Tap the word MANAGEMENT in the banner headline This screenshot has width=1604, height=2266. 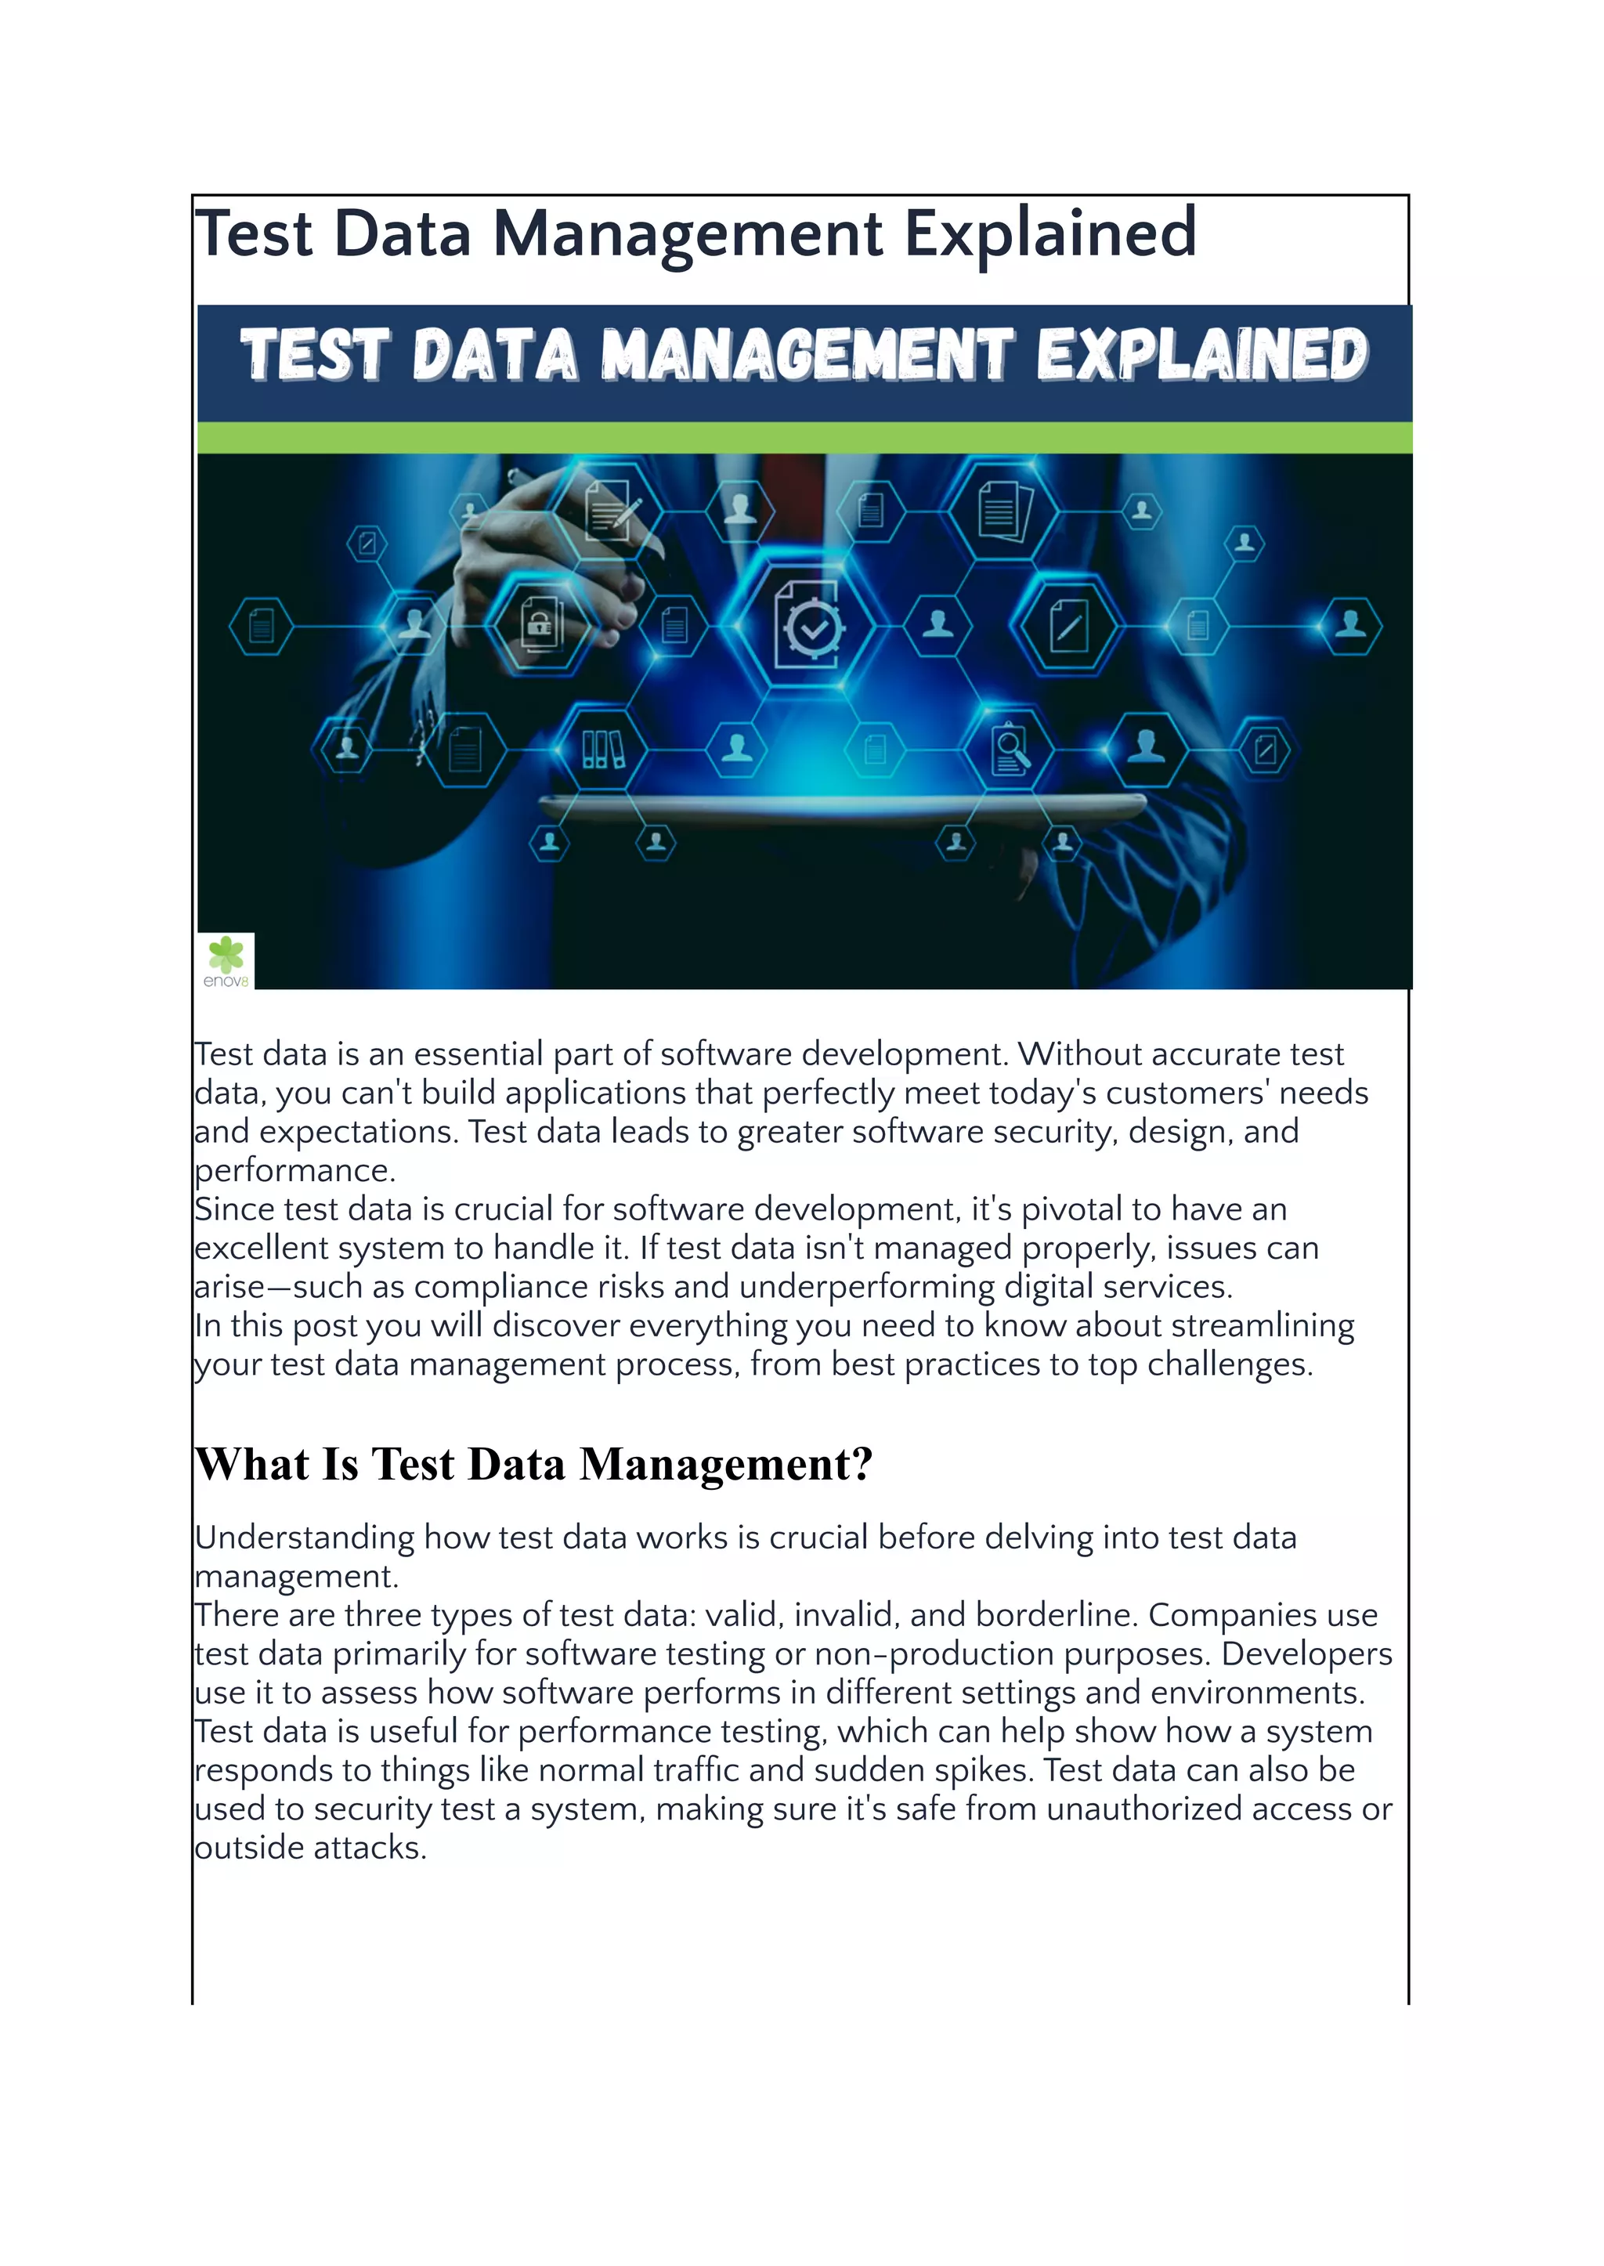[807, 355]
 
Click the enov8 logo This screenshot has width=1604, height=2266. [226, 960]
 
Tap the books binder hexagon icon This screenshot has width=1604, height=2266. [602, 750]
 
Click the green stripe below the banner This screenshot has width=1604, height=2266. [804, 438]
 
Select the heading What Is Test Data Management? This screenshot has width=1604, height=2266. [533, 1464]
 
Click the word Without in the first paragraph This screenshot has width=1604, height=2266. [1079, 1054]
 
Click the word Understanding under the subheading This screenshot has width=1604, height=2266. [304, 1538]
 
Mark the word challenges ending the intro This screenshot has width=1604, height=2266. [1229, 1364]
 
